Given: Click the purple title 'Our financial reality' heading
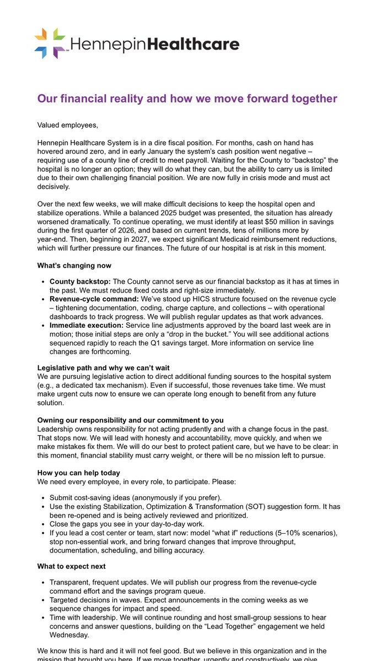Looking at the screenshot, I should pos(187,99).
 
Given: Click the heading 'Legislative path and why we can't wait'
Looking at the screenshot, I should pos(103,367).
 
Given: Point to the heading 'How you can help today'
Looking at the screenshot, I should pos(78,472).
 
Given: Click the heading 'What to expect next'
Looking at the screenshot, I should pos(72,566).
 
